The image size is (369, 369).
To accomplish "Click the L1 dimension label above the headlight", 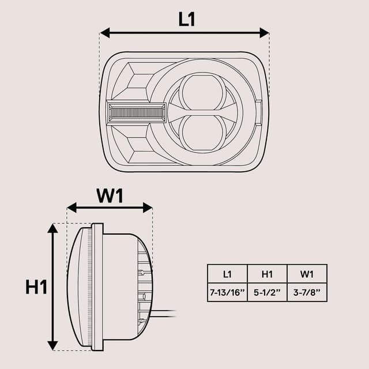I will (x=187, y=19).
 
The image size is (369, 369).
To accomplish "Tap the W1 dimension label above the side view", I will (x=110, y=196).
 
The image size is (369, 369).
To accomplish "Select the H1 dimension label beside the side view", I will (x=36, y=287).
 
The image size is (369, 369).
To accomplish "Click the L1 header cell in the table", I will (x=227, y=274).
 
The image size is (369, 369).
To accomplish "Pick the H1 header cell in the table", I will (x=267, y=274).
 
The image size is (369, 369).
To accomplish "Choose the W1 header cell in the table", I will (x=307, y=274).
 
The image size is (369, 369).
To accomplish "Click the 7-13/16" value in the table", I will (x=227, y=292).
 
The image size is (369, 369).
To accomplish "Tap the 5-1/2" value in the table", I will (x=267, y=292).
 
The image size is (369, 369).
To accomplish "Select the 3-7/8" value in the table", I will (x=307, y=292).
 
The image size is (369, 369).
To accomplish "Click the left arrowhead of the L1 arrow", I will (x=104, y=32).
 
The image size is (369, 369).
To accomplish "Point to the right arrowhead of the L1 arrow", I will (x=265, y=32).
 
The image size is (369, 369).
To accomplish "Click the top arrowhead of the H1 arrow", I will (x=52, y=228).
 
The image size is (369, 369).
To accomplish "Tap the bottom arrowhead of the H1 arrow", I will (x=52, y=345).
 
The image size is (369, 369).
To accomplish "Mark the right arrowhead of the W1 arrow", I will (x=148, y=208).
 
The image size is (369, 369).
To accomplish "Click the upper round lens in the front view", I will (x=201, y=92).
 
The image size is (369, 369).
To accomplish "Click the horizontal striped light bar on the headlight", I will (x=136, y=112).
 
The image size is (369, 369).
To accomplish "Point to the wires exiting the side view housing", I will (x=164, y=313).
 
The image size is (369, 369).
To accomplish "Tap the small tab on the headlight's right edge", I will (x=259, y=112).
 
